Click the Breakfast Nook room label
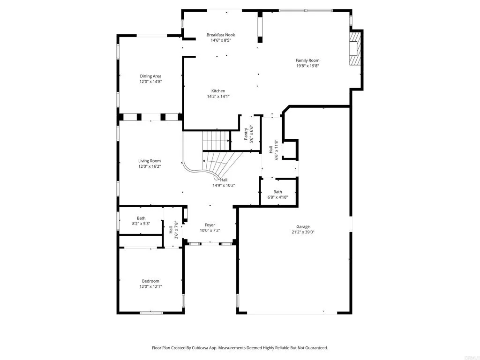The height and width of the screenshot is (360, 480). (221, 35)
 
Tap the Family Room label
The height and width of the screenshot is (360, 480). (307, 60)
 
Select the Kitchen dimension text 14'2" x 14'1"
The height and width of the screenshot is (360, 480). (218, 97)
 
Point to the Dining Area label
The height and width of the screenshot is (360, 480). (150, 76)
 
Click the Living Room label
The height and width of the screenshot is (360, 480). (149, 161)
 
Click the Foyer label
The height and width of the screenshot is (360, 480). (210, 225)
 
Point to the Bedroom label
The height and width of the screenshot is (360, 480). (150, 281)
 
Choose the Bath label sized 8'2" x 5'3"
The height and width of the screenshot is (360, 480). (141, 218)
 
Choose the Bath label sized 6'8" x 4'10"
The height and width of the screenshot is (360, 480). (278, 192)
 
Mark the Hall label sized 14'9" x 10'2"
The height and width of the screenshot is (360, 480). (224, 180)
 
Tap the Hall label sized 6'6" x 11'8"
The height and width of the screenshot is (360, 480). (271, 150)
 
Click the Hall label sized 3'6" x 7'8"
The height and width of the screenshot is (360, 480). (171, 230)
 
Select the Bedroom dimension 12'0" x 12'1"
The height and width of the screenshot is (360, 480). (150, 286)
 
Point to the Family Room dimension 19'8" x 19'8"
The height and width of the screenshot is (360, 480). (307, 66)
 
